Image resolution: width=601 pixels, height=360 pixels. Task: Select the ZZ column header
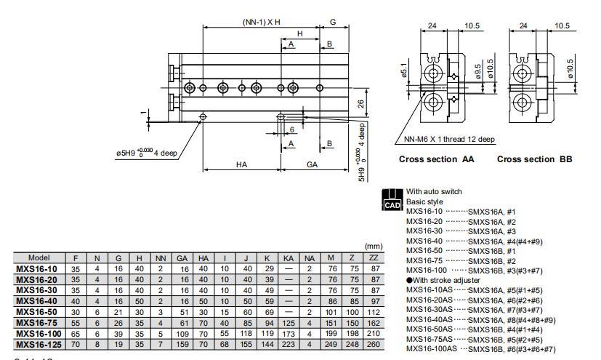374,257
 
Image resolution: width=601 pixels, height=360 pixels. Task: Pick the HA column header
203,257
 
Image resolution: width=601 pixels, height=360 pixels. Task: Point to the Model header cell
39,257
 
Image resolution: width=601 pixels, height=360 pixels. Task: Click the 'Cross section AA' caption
436,159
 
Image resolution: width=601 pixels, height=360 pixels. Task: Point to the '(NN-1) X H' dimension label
262,23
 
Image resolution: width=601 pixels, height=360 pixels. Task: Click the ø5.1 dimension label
403,72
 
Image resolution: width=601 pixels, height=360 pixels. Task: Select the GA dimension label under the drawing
312,165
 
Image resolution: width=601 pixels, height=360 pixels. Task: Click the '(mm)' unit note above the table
374,247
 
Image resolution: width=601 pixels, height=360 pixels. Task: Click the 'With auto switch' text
435,192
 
